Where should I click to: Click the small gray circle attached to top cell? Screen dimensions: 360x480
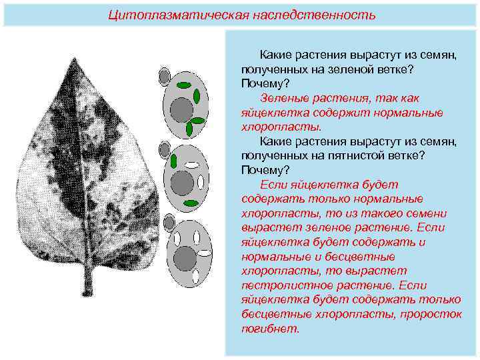tap(164, 77)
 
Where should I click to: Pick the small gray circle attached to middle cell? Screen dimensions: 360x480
tap(164, 150)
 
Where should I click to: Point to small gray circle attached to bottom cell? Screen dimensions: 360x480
tap(169, 223)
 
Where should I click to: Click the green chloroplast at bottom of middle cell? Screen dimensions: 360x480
tap(191, 203)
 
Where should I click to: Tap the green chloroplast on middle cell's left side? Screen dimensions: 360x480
tap(173, 161)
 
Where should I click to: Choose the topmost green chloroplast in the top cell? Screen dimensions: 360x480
tap(184, 85)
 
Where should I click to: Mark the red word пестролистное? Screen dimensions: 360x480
tap(279, 285)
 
